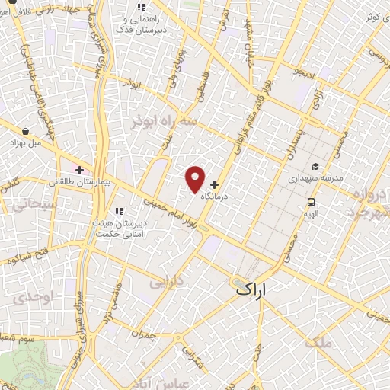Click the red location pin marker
196,178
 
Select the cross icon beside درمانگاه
214,184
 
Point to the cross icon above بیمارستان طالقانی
78,169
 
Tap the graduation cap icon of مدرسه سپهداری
315,167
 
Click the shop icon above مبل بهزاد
27,131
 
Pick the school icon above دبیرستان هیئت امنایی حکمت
118,211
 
